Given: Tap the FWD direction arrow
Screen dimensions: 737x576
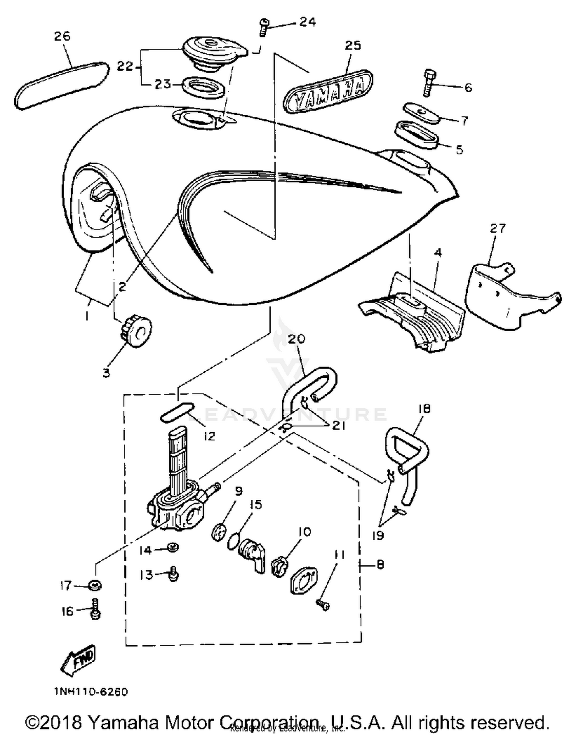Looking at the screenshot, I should click(x=78, y=660).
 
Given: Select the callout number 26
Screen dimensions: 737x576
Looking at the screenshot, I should click(x=62, y=36).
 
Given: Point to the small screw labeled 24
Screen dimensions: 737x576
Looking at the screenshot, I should click(x=263, y=28).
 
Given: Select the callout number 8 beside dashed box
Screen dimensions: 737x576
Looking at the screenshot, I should click(x=380, y=564).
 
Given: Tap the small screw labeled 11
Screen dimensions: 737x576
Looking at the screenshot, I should click(x=323, y=605).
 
